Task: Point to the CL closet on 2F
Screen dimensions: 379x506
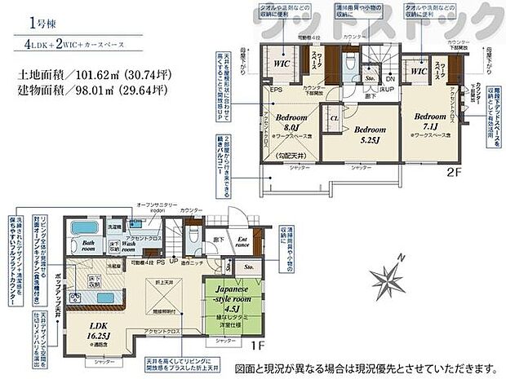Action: (x=335, y=118)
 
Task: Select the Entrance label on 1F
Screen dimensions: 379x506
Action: (x=242, y=241)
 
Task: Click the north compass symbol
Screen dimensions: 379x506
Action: (x=388, y=281)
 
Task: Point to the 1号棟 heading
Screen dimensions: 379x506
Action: (x=38, y=22)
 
